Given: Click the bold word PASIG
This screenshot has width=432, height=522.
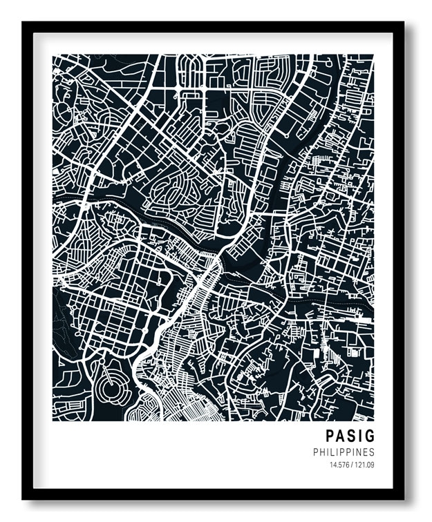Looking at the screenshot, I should tap(350, 436).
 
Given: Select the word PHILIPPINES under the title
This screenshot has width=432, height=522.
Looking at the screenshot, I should tap(344, 452).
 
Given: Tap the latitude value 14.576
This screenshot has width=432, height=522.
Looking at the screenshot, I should tap(339, 465).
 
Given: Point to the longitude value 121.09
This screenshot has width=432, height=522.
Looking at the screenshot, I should tap(364, 465).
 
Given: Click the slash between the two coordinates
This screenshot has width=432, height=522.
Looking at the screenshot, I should tap(351, 465).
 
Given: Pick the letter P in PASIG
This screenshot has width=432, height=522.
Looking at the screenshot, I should tap(330, 436).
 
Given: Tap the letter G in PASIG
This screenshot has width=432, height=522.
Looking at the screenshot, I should tap(370, 436).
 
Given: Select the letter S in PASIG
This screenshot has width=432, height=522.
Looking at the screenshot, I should tap(351, 436).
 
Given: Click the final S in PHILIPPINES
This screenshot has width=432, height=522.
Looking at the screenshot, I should tap(372, 452).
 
